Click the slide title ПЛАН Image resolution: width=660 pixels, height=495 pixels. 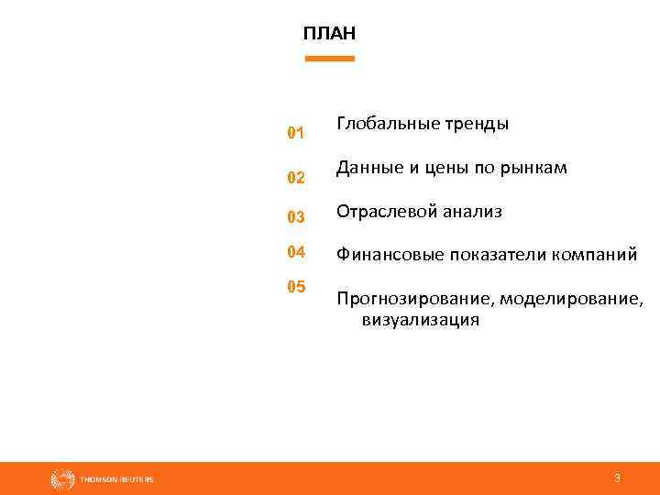(329, 34)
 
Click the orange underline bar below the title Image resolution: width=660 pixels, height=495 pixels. (329, 59)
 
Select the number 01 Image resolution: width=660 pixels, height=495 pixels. (295, 134)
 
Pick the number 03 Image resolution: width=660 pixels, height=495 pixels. (295, 218)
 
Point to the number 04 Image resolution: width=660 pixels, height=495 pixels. (295, 251)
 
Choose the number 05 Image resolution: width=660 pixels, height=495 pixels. (295, 287)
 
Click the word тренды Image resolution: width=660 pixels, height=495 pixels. (478, 123)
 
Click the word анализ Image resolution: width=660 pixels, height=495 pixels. (473, 212)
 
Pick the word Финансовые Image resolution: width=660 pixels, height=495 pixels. (388, 255)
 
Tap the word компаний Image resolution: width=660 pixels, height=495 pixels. (594, 256)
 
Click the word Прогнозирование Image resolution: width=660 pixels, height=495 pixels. (413, 300)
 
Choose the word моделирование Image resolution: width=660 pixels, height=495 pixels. (571, 300)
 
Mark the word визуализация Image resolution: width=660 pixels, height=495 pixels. (420, 321)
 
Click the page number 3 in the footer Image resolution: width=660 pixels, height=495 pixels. (617, 478)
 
